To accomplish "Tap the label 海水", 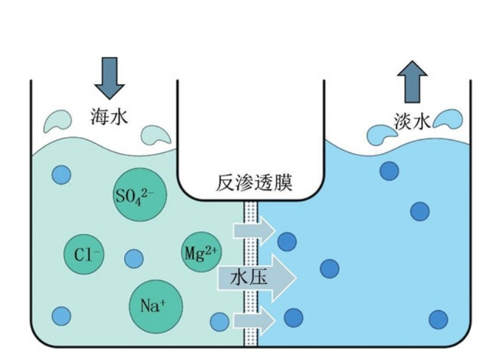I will [x=109, y=117].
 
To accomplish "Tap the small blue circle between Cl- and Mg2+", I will [x=134, y=259].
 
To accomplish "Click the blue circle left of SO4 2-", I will [x=61, y=174].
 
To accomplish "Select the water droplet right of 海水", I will [x=156, y=134].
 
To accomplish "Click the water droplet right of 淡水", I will [x=449, y=118].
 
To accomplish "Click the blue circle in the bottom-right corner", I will [x=439, y=319].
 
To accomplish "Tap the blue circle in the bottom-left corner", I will [x=61, y=316].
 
